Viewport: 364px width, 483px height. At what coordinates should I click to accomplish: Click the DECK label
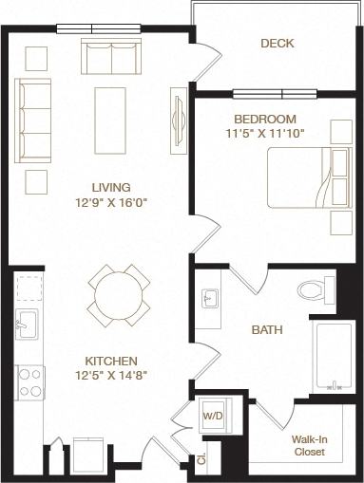click(x=277, y=43)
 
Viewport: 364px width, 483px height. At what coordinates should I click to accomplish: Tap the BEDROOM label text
click(x=264, y=119)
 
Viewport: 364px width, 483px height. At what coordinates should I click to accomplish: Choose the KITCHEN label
click(x=111, y=361)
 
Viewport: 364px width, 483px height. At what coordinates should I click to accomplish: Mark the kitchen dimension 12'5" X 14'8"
click(x=111, y=376)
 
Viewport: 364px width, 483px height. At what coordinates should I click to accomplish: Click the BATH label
click(x=266, y=330)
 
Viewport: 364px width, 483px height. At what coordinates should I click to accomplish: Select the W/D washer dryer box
click(x=211, y=415)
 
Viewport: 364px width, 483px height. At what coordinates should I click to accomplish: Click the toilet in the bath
click(x=315, y=288)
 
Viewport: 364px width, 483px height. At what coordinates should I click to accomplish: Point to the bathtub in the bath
click(x=334, y=357)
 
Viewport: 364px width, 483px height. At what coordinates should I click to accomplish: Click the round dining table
click(x=119, y=294)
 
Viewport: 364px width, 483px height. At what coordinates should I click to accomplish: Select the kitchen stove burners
click(x=29, y=382)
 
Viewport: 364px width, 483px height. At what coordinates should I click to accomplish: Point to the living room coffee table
click(x=111, y=120)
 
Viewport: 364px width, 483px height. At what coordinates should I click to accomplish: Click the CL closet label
click(x=201, y=460)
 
